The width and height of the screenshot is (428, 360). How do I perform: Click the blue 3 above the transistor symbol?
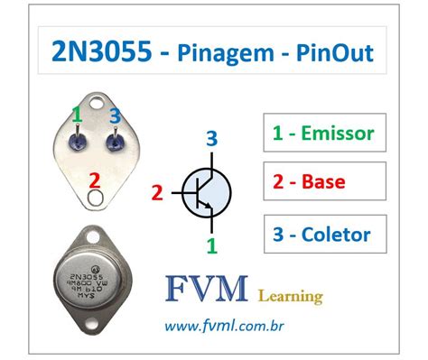tap(210, 138)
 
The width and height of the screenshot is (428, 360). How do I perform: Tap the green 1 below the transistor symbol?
tap(210, 244)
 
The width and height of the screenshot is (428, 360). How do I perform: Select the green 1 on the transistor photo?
tap(78, 115)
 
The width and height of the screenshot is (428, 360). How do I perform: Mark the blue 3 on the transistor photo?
tap(114, 115)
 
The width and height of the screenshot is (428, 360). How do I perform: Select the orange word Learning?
tap(291, 296)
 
